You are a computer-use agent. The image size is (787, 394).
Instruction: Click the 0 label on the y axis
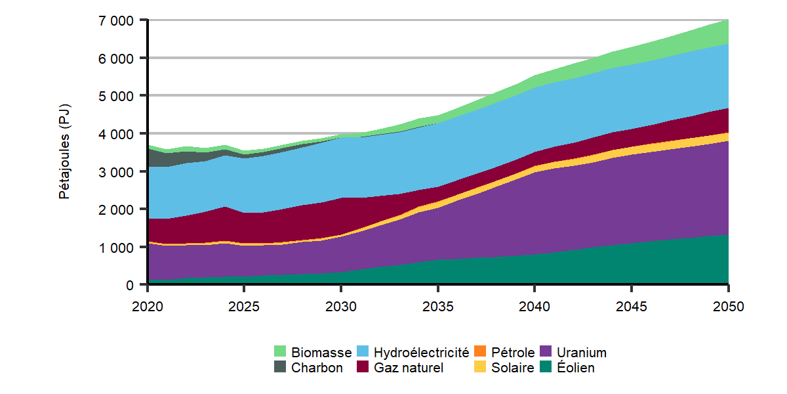[x=131, y=285]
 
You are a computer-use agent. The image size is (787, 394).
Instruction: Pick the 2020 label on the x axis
[x=148, y=306]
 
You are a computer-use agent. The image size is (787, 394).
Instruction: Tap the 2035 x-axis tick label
[x=437, y=306]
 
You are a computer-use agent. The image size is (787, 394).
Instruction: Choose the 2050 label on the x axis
[x=728, y=306]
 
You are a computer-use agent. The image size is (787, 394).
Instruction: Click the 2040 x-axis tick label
[x=535, y=306]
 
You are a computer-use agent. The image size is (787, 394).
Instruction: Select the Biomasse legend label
[x=321, y=353]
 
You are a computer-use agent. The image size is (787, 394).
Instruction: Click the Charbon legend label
[x=317, y=368]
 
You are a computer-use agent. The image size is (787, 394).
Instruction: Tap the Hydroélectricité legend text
[x=422, y=353]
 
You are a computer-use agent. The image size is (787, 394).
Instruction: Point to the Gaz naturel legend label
[x=409, y=368]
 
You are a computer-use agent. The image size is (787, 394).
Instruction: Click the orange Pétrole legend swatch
[x=480, y=353]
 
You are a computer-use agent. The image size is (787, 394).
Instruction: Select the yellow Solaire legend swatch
[x=480, y=368]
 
